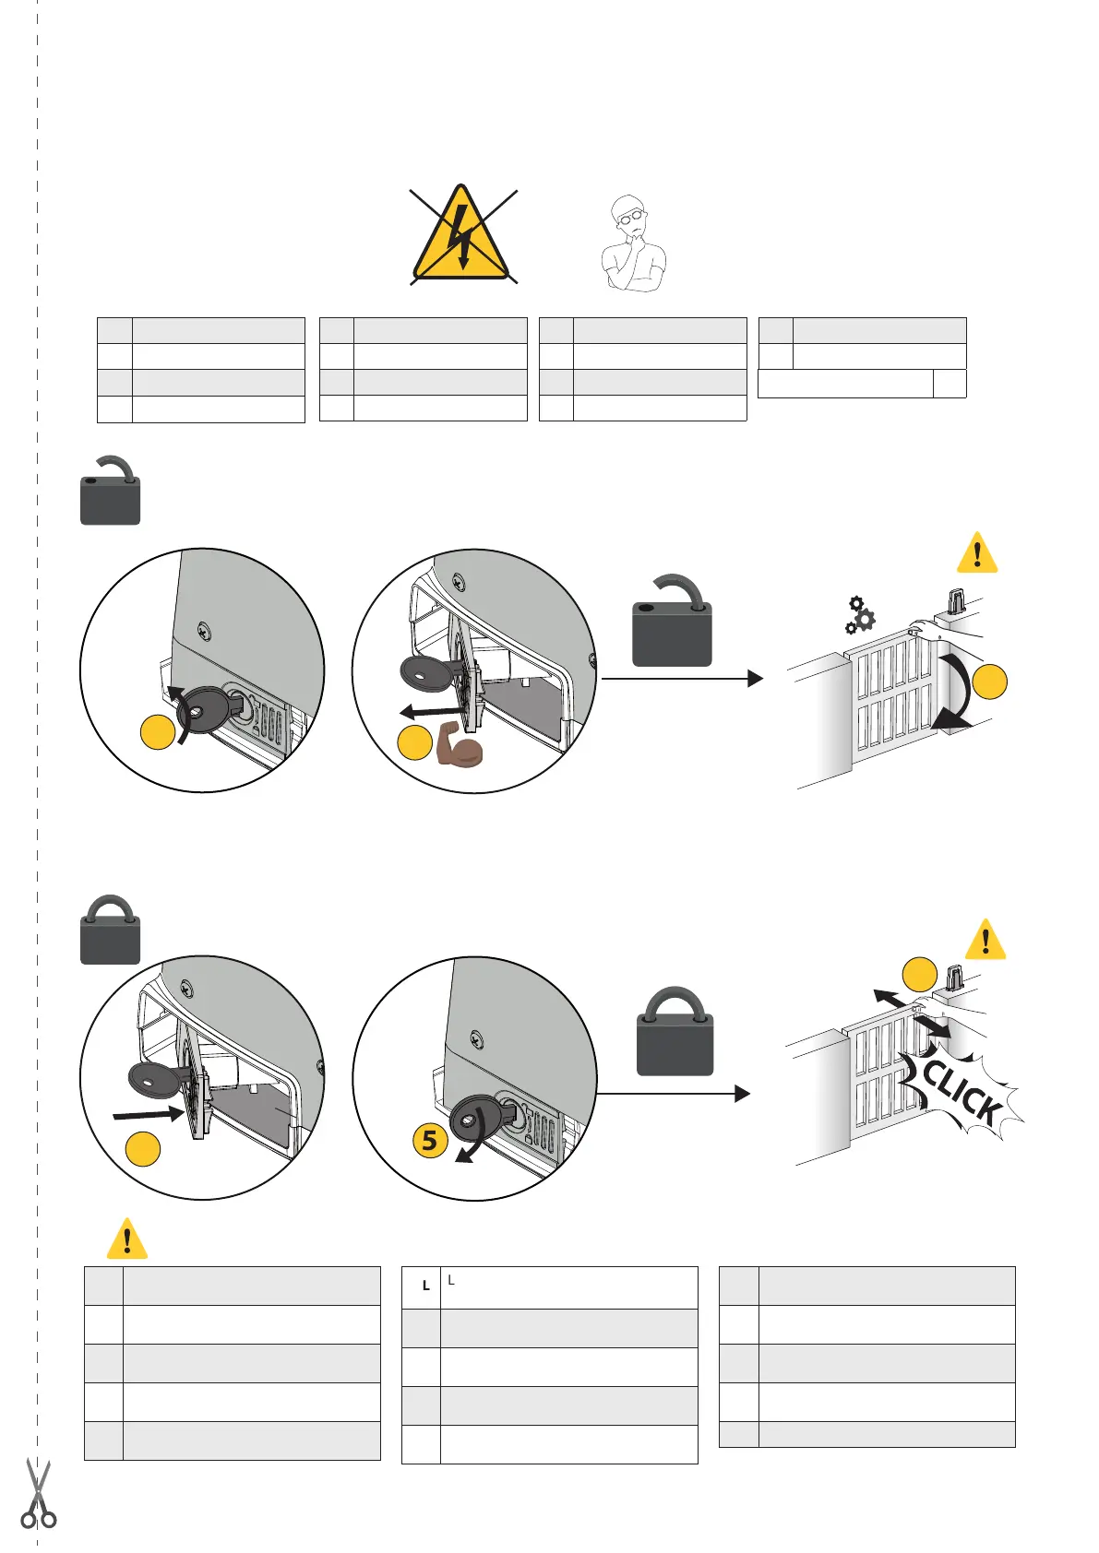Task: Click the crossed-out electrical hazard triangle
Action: (462, 236)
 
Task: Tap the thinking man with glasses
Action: (632, 244)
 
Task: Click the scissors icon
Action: (38, 1495)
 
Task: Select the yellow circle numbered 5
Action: (429, 1141)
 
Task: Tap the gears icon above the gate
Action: (860, 616)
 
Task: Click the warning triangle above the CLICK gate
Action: (985, 941)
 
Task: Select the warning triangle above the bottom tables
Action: (127, 1239)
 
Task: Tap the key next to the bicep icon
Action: (430, 670)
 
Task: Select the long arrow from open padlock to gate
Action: (682, 679)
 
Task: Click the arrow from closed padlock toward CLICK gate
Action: (674, 1094)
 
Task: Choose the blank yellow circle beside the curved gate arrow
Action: (990, 682)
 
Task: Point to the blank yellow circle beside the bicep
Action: (414, 743)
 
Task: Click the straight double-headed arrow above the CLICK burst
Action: (911, 1012)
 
